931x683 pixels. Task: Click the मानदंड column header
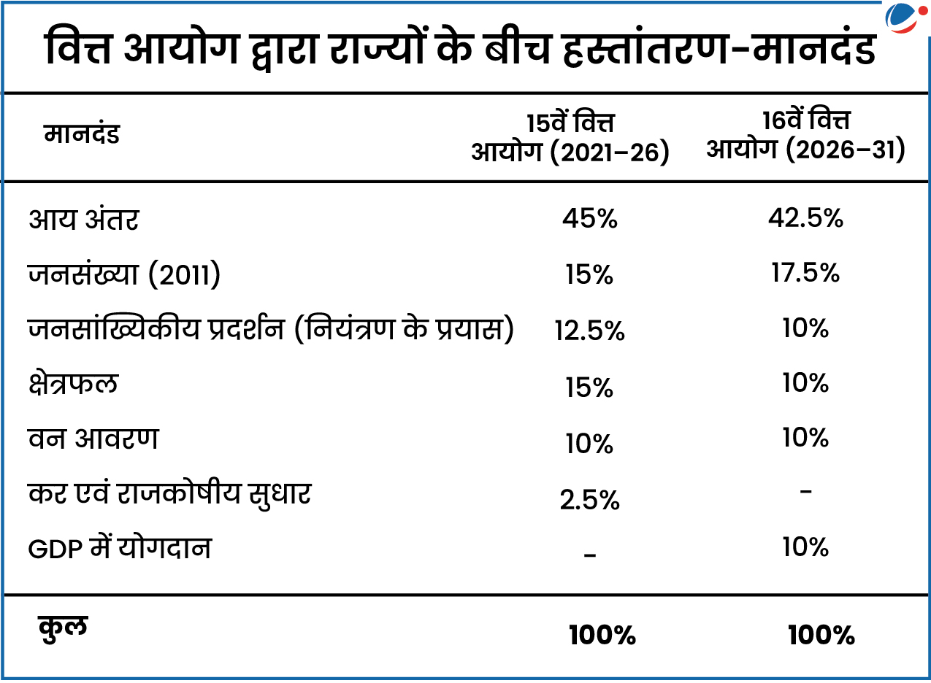click(82, 135)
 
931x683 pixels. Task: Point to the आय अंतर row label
click(83, 220)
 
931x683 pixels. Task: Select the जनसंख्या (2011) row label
click(124, 275)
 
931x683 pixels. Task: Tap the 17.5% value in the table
click(805, 273)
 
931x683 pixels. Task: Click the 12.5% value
click(589, 331)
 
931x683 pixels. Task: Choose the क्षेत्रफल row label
click(73, 385)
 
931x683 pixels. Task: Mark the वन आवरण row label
click(93, 439)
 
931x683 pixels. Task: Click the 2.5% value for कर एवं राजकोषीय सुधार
click(589, 500)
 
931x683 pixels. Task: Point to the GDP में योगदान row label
click(120, 549)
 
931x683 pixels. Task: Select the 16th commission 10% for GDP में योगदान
click(805, 547)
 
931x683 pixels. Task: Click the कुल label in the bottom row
click(62, 628)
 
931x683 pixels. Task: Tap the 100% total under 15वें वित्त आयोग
click(602, 636)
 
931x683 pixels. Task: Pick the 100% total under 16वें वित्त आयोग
click(821, 636)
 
